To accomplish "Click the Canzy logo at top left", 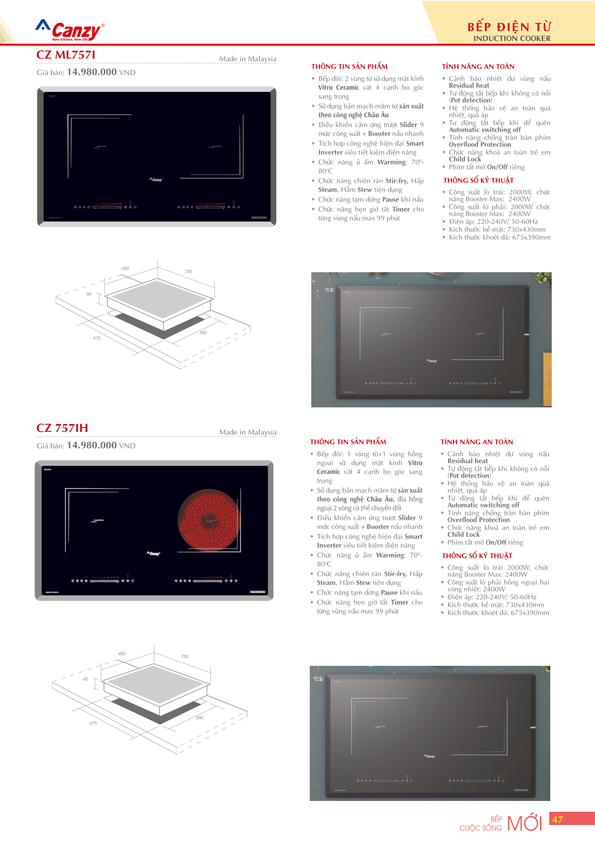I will (x=70, y=31).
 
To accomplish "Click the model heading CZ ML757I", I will (x=66, y=55).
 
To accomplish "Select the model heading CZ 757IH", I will (x=62, y=428).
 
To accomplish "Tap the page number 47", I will (x=558, y=820).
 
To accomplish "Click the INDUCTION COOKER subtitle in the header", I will (x=511, y=38).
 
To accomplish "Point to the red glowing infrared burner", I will (x=210, y=520).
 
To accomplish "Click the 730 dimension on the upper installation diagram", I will (x=188, y=271).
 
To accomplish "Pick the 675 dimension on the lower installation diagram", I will (x=93, y=723).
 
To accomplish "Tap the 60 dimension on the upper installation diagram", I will (x=89, y=294).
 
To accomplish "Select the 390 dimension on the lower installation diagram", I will (x=199, y=718).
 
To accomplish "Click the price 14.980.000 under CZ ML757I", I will (x=91, y=72).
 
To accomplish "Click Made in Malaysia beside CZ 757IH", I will (x=248, y=432).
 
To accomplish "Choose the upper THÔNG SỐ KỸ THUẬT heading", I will (x=478, y=180).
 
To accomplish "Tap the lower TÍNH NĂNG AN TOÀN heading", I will (x=477, y=442).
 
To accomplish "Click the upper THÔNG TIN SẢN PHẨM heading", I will (x=349, y=66).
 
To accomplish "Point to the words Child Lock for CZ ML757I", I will (x=465, y=159).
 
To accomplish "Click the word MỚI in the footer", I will (x=524, y=823).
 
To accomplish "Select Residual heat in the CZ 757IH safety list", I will (x=467, y=461).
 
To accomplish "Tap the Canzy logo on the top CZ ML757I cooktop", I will (x=156, y=180).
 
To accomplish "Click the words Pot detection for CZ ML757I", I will (x=471, y=100).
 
